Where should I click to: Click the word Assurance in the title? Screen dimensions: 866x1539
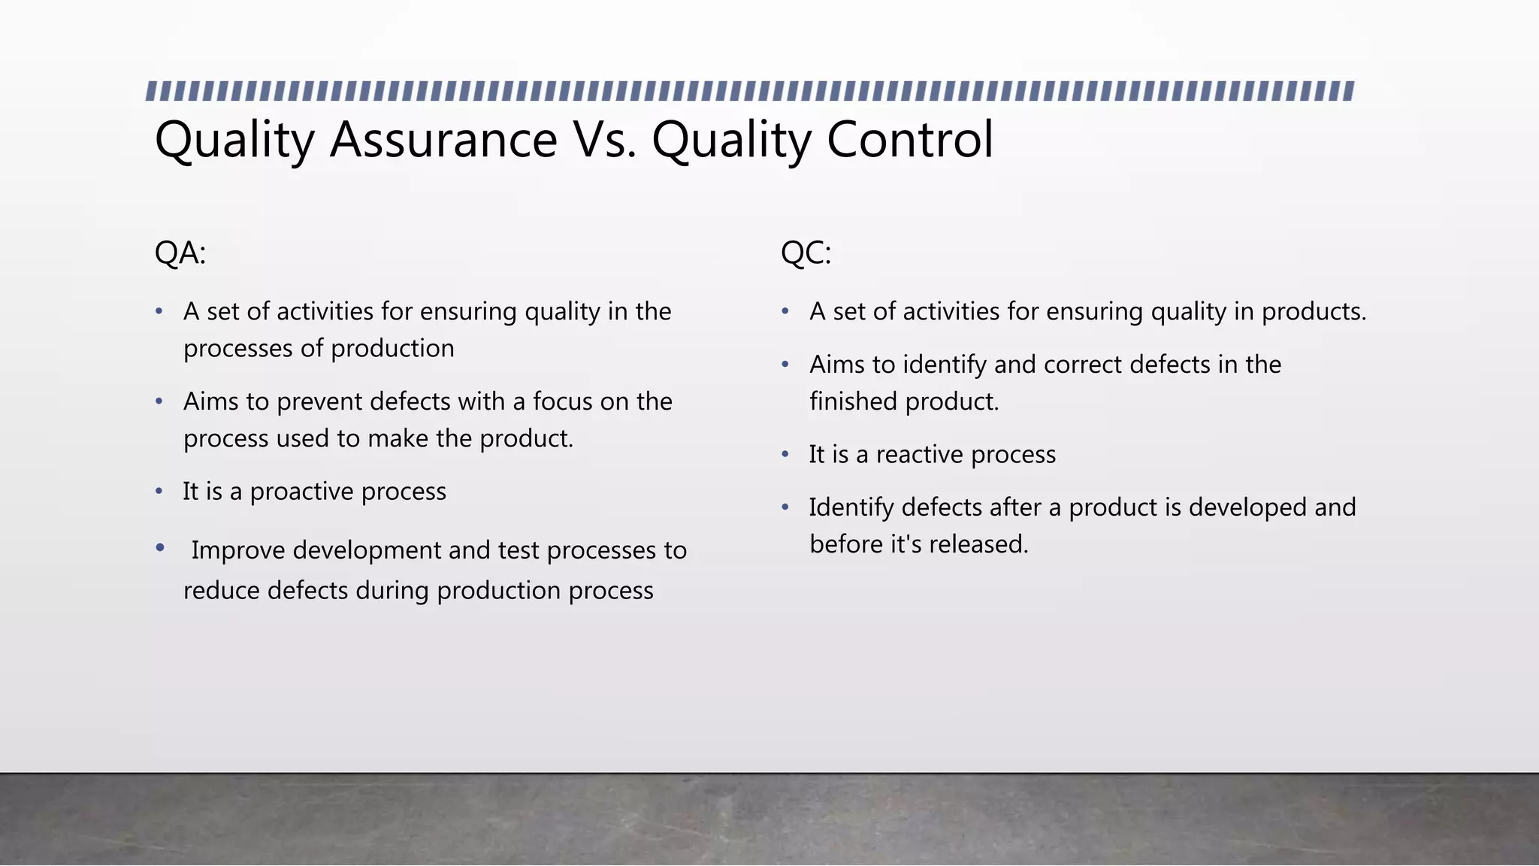443,140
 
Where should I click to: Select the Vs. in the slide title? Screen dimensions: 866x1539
605,140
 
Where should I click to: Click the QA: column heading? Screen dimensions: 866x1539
180,253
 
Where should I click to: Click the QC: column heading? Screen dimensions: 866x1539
806,253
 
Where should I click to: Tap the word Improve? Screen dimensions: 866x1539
238,550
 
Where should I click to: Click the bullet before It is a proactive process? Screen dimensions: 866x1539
159,492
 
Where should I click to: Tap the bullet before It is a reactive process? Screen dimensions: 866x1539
785,455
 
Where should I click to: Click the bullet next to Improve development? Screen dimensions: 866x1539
159,548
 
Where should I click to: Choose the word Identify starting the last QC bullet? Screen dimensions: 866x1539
851,508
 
